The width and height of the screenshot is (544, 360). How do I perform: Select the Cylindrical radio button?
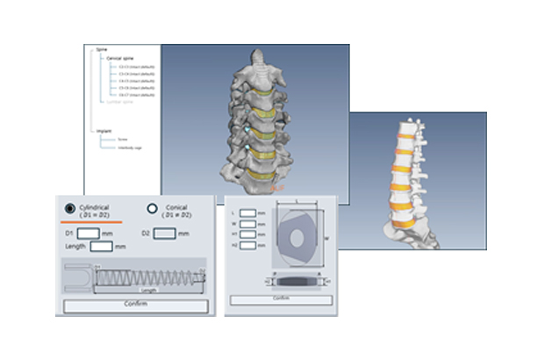[68, 209]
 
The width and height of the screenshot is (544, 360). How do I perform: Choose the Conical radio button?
[152, 209]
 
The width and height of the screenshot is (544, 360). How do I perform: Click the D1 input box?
[89, 233]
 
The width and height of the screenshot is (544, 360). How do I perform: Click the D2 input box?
[167, 233]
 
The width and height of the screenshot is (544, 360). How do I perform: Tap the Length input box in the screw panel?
[103, 247]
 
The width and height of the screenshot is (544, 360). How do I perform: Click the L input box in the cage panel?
[248, 212]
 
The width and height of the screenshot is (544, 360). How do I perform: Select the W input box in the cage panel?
[248, 223]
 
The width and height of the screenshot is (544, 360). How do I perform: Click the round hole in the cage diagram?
[297, 238]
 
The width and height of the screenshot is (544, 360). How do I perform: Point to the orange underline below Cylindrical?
[97, 222]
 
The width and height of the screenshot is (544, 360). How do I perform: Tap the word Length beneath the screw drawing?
[148, 290]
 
